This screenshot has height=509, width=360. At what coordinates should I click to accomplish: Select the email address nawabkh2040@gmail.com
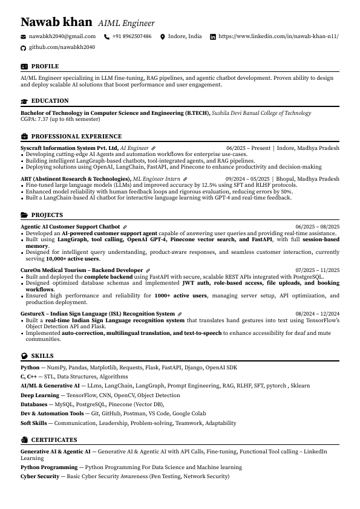pos(62,37)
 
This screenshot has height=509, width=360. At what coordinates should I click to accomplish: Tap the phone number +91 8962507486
pos(132,37)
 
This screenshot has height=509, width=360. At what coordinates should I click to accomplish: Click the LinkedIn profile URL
pos(278,37)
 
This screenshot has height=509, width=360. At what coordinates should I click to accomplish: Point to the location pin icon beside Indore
pos(162,37)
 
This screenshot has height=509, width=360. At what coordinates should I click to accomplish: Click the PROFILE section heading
pos(45,66)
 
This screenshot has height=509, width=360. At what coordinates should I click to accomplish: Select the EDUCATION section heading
pos(50,101)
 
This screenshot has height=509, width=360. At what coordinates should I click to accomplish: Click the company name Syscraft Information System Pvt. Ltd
pos(69,148)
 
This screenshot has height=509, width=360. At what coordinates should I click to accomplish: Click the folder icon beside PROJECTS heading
pos(24,215)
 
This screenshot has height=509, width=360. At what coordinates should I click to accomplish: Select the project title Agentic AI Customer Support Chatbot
pos(70,227)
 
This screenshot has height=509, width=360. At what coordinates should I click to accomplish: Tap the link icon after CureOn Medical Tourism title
pos(148,270)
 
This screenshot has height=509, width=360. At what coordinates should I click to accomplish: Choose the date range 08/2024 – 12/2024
pos(317,314)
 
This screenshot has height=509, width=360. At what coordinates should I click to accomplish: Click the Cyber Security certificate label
pos(39,476)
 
